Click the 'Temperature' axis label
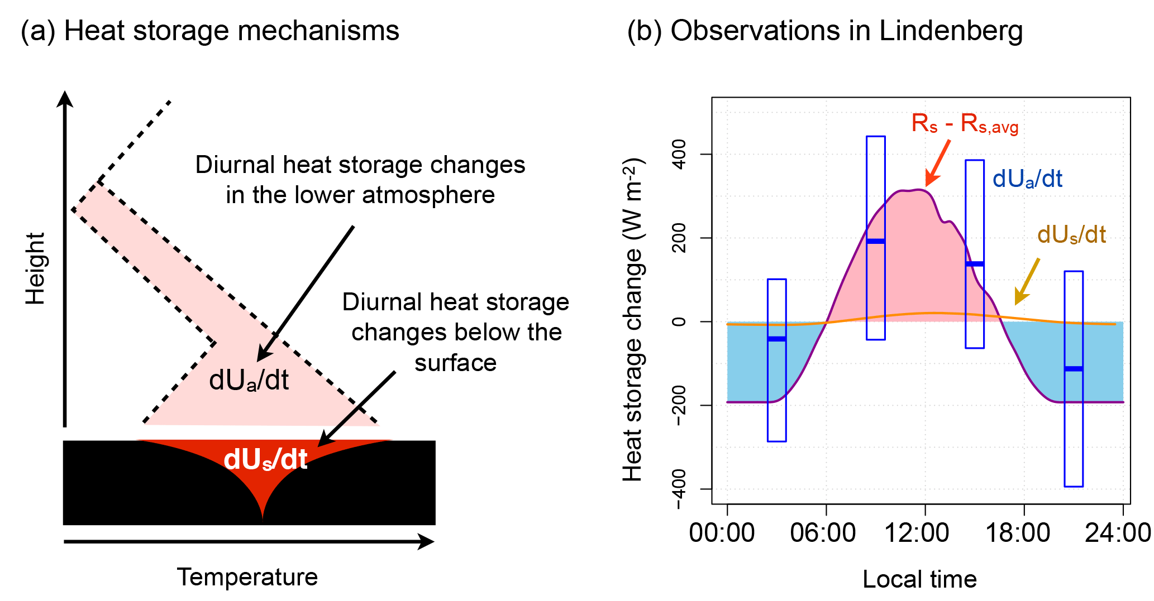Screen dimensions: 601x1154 pyautogui.click(x=247, y=577)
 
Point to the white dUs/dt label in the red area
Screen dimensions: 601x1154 pyautogui.click(x=265, y=460)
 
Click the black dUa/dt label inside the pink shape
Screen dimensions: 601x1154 pyautogui.click(x=249, y=381)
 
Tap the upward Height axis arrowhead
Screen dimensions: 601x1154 pyautogui.click(x=65, y=99)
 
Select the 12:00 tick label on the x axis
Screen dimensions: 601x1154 pyautogui.click(x=917, y=533)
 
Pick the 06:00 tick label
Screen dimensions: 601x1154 pyautogui.click(x=822, y=533)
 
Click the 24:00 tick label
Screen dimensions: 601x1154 pyautogui.click(x=1117, y=533)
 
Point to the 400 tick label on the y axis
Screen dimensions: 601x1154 pyautogui.click(x=679, y=154)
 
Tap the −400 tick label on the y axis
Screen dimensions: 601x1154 pyautogui.click(x=679, y=489)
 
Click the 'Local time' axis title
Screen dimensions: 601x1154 pyautogui.click(x=919, y=579)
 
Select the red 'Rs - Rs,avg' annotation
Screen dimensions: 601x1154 pyautogui.click(x=965, y=124)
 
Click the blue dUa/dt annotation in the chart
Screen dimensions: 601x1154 pyautogui.click(x=1027, y=179)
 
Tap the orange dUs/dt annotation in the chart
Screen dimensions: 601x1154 pyautogui.click(x=1071, y=235)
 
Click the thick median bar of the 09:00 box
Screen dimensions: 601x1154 pyautogui.click(x=875, y=241)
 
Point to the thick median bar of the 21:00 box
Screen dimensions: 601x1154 pyautogui.click(x=1073, y=368)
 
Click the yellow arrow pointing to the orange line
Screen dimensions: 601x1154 pyautogui.click(x=1027, y=282)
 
